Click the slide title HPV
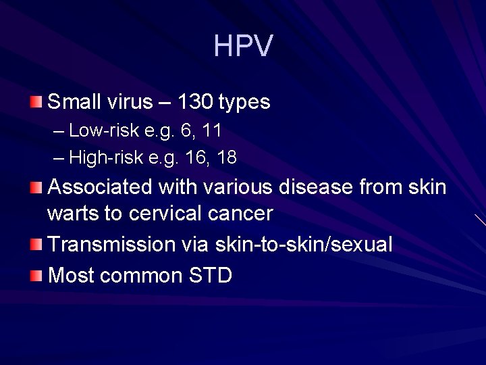[243, 46]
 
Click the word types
[244, 103]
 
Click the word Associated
[101, 187]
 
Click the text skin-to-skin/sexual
[304, 244]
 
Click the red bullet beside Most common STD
[36, 275]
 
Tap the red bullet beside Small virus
[36, 102]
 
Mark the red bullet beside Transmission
[36, 244]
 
